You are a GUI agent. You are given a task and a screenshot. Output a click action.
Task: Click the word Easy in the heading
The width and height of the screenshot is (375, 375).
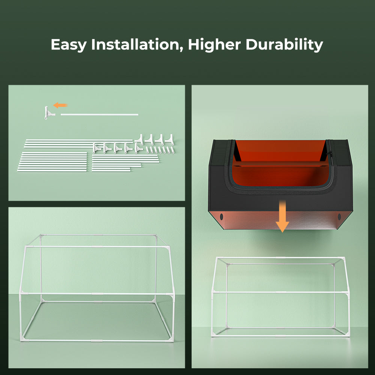tap(69, 45)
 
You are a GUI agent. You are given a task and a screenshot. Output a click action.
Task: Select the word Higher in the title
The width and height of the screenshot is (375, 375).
tap(214, 45)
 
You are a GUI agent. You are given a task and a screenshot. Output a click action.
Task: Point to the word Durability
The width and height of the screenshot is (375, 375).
tap(284, 45)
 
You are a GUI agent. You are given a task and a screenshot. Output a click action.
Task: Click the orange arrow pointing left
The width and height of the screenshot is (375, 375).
tap(60, 105)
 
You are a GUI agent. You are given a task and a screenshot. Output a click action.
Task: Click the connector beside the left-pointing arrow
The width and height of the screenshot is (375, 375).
tap(48, 112)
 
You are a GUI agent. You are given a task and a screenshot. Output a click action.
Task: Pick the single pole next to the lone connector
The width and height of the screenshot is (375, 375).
tap(99, 114)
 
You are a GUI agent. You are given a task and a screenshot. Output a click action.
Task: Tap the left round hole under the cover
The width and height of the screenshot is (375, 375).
tap(221, 217)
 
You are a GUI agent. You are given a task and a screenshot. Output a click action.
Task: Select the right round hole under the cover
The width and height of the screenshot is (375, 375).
tap(340, 217)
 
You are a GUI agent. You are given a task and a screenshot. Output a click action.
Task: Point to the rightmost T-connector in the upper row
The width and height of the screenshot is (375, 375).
tap(169, 139)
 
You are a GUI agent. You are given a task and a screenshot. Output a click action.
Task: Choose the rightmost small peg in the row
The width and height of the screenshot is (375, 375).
tap(174, 150)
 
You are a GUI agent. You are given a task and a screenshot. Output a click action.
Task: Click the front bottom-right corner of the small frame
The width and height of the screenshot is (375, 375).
tap(347, 334)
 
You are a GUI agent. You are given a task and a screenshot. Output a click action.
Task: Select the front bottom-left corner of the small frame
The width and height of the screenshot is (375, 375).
tap(213, 334)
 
